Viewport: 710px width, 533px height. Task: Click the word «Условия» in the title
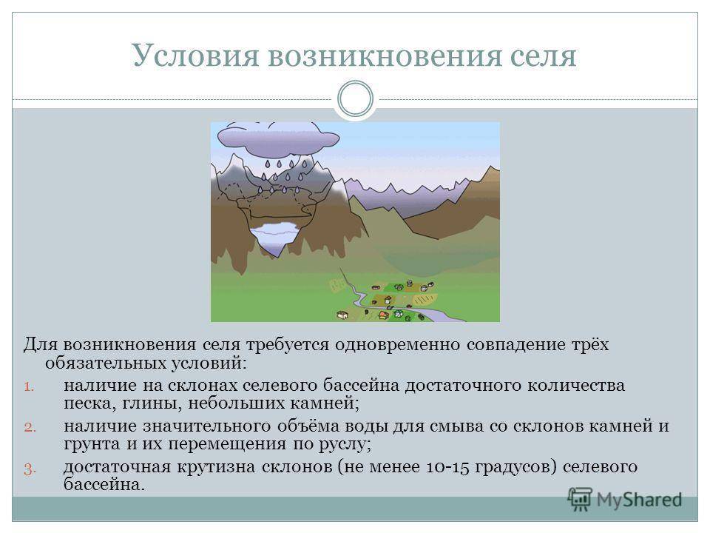pyautogui.click(x=195, y=56)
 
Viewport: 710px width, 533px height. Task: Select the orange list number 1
pyautogui.click(x=30, y=386)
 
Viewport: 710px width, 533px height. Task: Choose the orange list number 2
pyautogui.click(x=30, y=427)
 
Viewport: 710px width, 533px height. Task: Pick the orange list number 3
pyautogui.click(x=30, y=469)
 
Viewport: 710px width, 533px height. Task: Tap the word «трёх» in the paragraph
pyautogui.click(x=589, y=345)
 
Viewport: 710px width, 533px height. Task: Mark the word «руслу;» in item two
pyautogui.click(x=345, y=444)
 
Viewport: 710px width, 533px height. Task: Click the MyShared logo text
pyautogui.click(x=639, y=500)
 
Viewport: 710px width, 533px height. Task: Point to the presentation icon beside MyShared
pyautogui.click(x=580, y=500)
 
